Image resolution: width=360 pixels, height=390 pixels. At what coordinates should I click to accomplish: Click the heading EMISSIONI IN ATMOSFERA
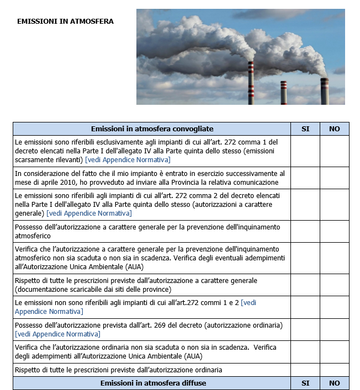66,22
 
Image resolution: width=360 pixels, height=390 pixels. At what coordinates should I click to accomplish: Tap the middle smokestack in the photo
284,93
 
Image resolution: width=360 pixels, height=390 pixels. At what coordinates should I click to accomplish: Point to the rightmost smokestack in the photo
325,91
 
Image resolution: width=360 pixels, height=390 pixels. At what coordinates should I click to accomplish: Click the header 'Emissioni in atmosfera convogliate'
152,129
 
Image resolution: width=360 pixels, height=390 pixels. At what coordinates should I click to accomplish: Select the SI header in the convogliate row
305,129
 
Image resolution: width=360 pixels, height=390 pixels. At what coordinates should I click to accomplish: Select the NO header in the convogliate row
335,129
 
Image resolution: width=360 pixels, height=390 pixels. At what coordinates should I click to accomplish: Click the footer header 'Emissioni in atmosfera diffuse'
152,383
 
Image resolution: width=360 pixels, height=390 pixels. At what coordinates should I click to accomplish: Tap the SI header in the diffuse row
305,383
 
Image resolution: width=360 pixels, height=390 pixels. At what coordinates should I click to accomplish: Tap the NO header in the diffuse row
335,383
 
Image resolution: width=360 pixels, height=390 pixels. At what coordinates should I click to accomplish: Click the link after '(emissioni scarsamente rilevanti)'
128,160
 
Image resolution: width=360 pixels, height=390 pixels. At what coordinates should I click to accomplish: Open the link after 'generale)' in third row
89,213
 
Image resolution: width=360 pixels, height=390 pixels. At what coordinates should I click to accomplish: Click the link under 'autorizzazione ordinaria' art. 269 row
57,334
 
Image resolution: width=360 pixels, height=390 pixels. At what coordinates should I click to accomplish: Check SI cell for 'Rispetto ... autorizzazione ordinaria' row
305,370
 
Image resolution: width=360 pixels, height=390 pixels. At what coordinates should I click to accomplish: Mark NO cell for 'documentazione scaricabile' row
335,285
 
